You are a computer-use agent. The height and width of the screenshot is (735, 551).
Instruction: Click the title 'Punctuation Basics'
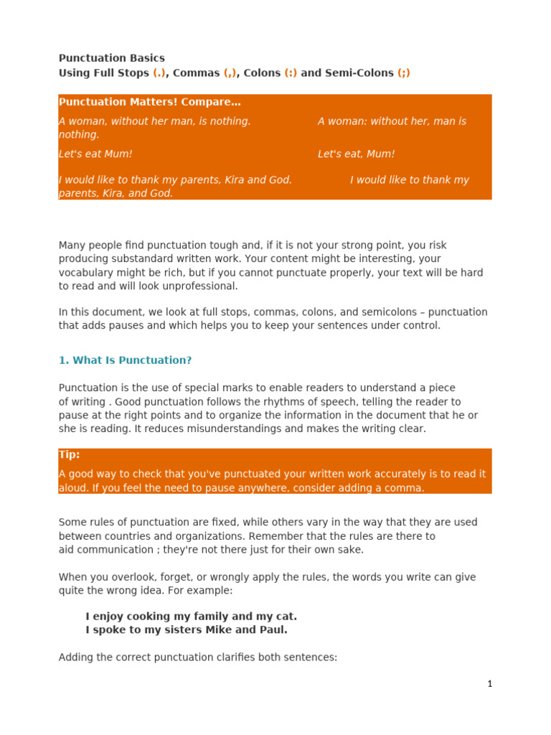[111, 58]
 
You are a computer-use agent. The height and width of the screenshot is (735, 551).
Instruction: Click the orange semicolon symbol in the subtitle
[404, 73]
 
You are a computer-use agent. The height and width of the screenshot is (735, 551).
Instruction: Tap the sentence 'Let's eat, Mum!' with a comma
[356, 154]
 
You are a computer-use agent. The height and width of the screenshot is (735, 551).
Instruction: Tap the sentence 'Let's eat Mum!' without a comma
[95, 154]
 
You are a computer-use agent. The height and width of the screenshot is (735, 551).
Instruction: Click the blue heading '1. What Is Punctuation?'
[125, 360]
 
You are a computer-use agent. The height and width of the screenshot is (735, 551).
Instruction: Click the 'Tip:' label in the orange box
[70, 455]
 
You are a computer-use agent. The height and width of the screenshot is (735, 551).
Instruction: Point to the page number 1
[490, 684]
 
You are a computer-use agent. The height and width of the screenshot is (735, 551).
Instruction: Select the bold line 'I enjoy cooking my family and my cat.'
[191, 617]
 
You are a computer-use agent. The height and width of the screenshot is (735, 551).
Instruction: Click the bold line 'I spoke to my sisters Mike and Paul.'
[187, 630]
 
